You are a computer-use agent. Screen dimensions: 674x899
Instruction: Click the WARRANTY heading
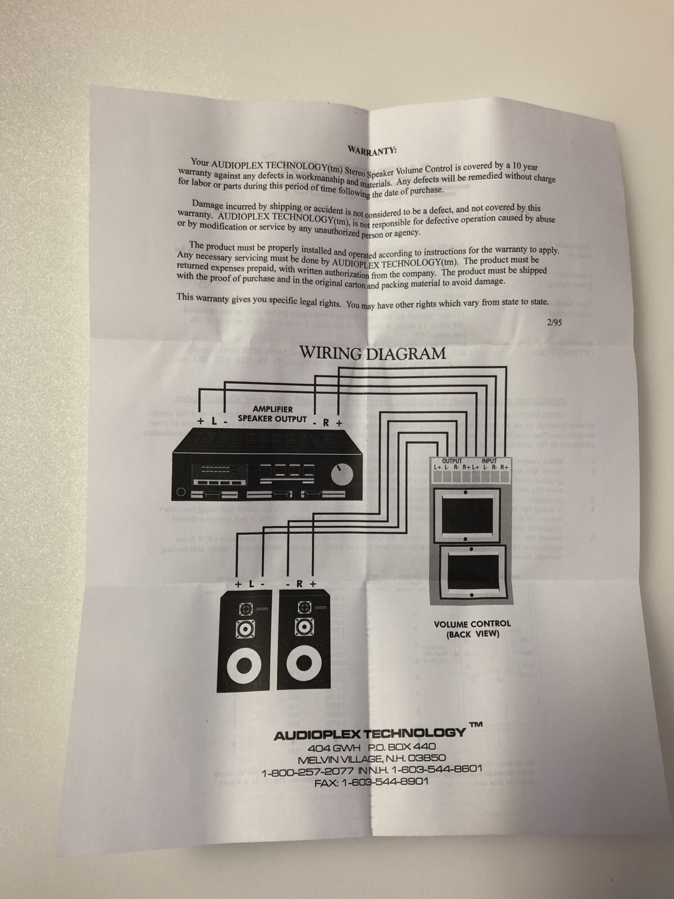tap(372, 151)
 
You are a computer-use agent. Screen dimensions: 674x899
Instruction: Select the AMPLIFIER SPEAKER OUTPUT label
tap(272, 414)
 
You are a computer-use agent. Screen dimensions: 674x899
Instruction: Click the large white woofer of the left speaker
tap(244, 666)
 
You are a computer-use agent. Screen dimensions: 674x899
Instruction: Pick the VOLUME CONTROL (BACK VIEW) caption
tap(472, 629)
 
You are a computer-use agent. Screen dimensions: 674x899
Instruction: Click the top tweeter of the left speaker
tap(245, 609)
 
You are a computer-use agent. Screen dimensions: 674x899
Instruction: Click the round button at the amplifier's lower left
tap(180, 493)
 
